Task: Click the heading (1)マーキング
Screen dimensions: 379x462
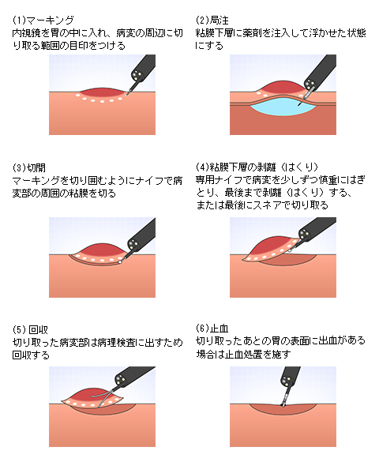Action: click(43, 20)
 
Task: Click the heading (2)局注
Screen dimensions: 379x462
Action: click(212, 20)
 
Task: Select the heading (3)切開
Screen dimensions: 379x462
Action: click(29, 167)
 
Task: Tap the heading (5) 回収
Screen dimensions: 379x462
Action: click(30, 329)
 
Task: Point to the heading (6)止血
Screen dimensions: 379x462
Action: click(212, 328)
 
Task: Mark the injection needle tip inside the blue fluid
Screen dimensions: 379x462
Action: click(298, 105)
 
